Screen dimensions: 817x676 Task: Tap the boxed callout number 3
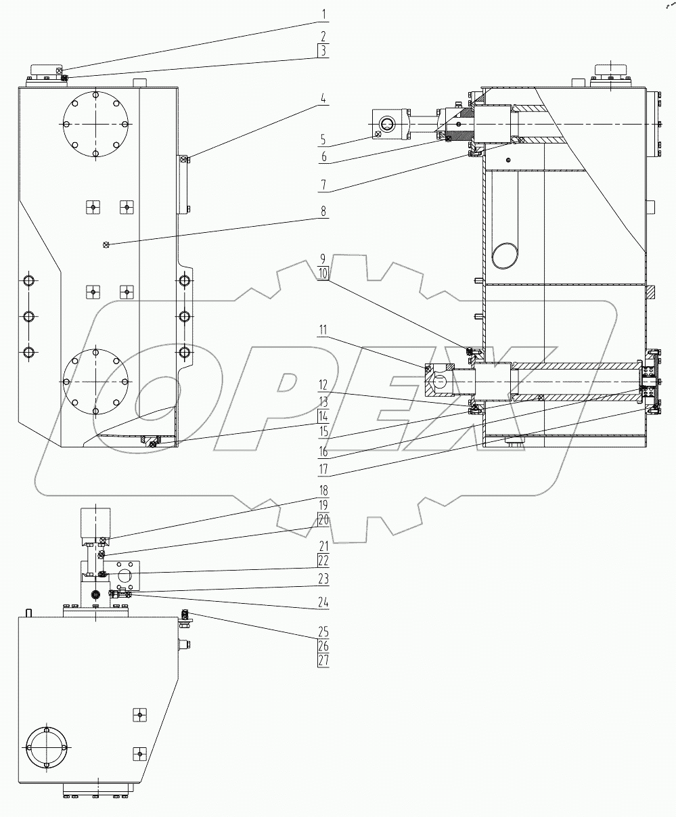pos(323,50)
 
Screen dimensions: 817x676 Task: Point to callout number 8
pos(323,211)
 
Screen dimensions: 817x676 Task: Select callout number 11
pos(323,331)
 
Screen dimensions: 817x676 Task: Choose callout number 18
pos(323,491)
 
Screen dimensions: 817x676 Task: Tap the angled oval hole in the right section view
pos(507,254)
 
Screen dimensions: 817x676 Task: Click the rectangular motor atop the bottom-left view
pos(96,522)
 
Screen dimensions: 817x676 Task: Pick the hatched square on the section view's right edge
pos(651,292)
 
